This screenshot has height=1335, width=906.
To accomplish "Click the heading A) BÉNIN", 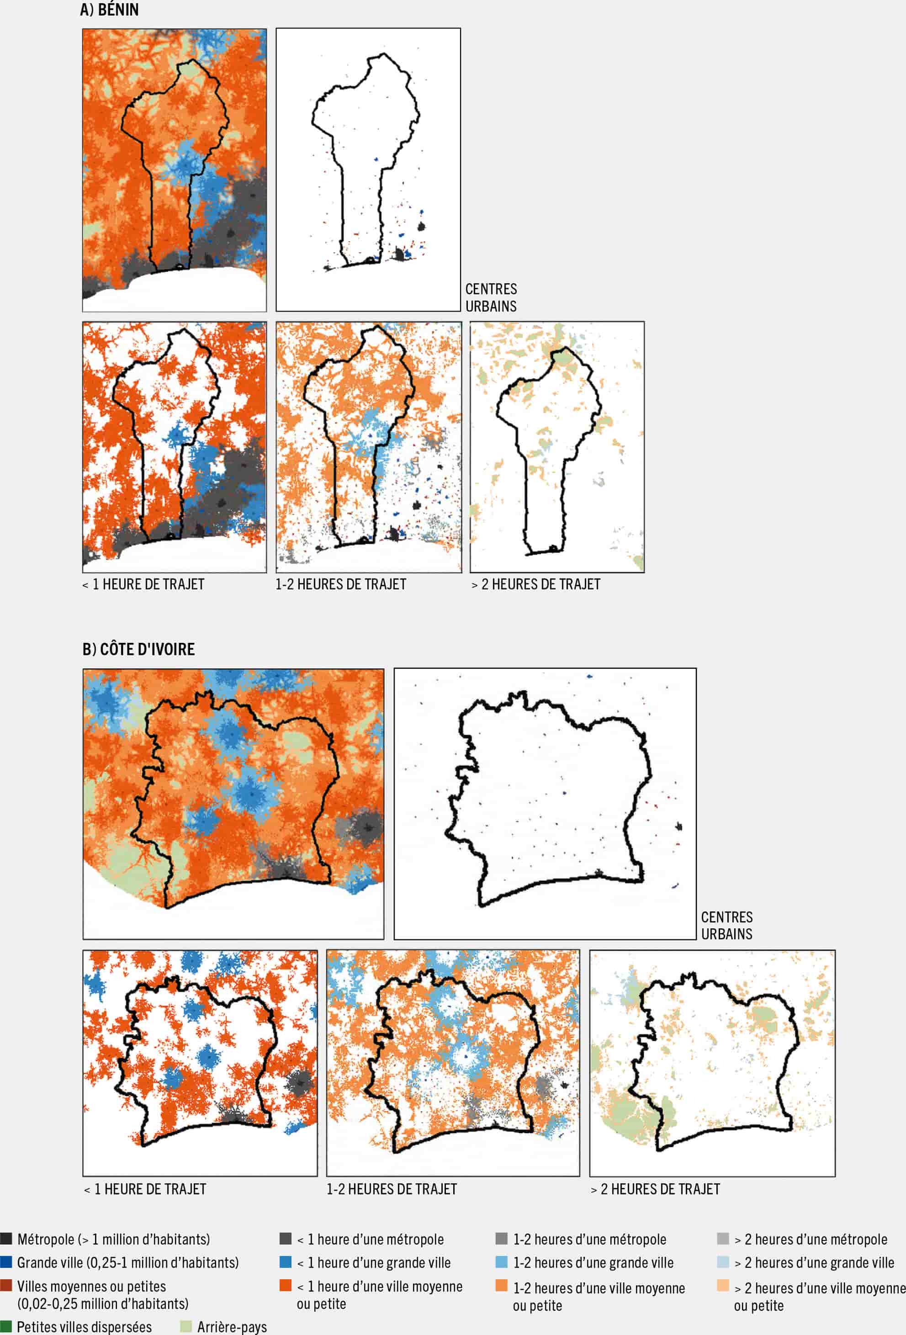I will coord(109,10).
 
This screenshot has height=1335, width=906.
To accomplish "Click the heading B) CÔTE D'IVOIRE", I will coord(138,649).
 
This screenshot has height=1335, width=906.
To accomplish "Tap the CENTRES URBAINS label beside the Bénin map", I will coord(491,297).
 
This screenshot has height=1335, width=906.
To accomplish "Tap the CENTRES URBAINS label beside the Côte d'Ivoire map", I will coord(726,926).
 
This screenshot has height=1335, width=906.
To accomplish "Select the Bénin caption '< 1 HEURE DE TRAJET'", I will coord(143,584).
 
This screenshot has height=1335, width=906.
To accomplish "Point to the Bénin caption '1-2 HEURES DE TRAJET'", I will coord(341,584).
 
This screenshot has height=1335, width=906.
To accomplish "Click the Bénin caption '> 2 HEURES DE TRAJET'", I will coord(535,584).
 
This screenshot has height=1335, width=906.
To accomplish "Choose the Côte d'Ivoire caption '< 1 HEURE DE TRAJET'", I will coord(145,1189).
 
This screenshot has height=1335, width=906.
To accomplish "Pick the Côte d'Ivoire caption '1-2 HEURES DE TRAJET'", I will coord(391,1189).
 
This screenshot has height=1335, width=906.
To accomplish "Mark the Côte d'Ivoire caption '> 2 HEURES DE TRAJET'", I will coord(655,1189).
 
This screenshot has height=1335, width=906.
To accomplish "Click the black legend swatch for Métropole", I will coord(6,1239).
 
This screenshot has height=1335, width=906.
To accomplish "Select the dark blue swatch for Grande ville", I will coord(6,1262).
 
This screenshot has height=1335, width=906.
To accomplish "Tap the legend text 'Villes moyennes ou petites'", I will coord(91,1286).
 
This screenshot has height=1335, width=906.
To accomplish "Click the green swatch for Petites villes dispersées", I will coord(6,1326).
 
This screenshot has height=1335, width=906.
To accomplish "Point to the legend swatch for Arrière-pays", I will coord(185,1326).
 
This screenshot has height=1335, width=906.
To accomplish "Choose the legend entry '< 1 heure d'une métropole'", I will coord(370,1239).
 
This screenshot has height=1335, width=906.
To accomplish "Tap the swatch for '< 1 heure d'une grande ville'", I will coord(285,1262).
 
